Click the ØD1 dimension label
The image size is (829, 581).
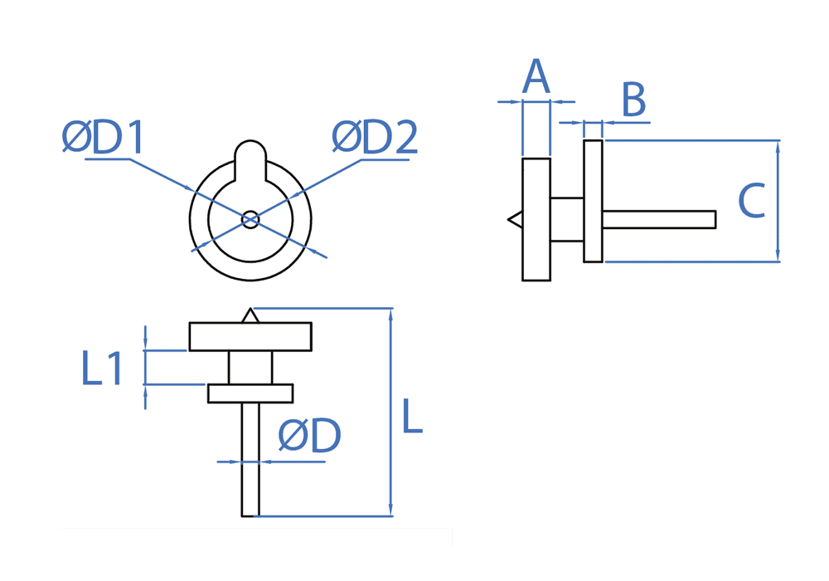point(103,138)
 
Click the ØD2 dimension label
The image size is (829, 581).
point(375,138)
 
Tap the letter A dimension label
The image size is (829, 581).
point(536,76)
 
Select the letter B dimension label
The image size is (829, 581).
point(634,100)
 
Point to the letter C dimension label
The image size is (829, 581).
point(751,201)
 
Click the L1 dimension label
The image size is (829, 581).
point(102,368)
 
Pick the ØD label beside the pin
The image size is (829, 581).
point(310,436)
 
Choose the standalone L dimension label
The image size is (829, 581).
point(412,417)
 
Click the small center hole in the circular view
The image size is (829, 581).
point(250,220)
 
